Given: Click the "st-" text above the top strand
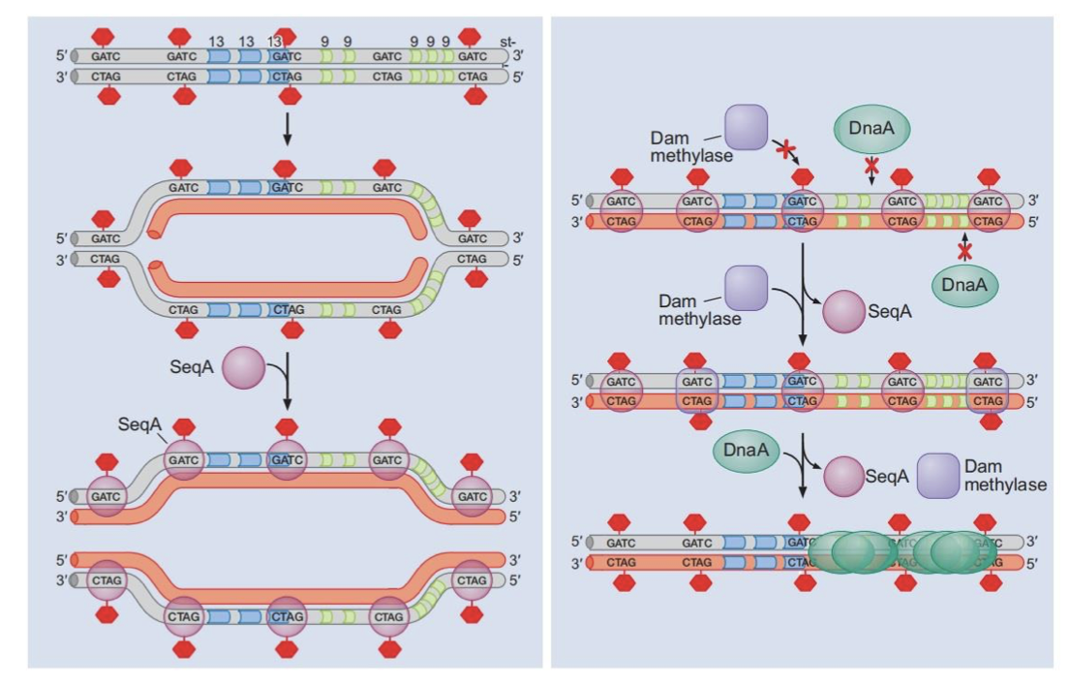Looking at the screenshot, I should pyautogui.click(x=508, y=42).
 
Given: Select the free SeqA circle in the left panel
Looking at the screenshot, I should pyautogui.click(x=243, y=369).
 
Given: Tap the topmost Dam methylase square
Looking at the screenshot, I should pyautogui.click(x=746, y=128).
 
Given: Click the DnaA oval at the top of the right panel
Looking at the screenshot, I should pyautogui.click(x=871, y=128).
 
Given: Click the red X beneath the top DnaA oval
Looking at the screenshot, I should pyautogui.click(x=871, y=165).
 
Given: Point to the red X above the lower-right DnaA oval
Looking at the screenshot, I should pyautogui.click(x=964, y=251).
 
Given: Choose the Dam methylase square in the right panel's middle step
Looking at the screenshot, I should pyautogui.click(x=746, y=288).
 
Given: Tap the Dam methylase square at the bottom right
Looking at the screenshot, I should pyautogui.click(x=938, y=476).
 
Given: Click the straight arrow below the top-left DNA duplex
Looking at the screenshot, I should pyautogui.click(x=286, y=126).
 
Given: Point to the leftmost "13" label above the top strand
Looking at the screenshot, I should pyautogui.click(x=216, y=42).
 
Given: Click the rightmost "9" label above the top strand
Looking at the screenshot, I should pyautogui.click(x=445, y=42).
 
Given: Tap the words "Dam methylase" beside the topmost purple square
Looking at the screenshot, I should pyautogui.click(x=686, y=147).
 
